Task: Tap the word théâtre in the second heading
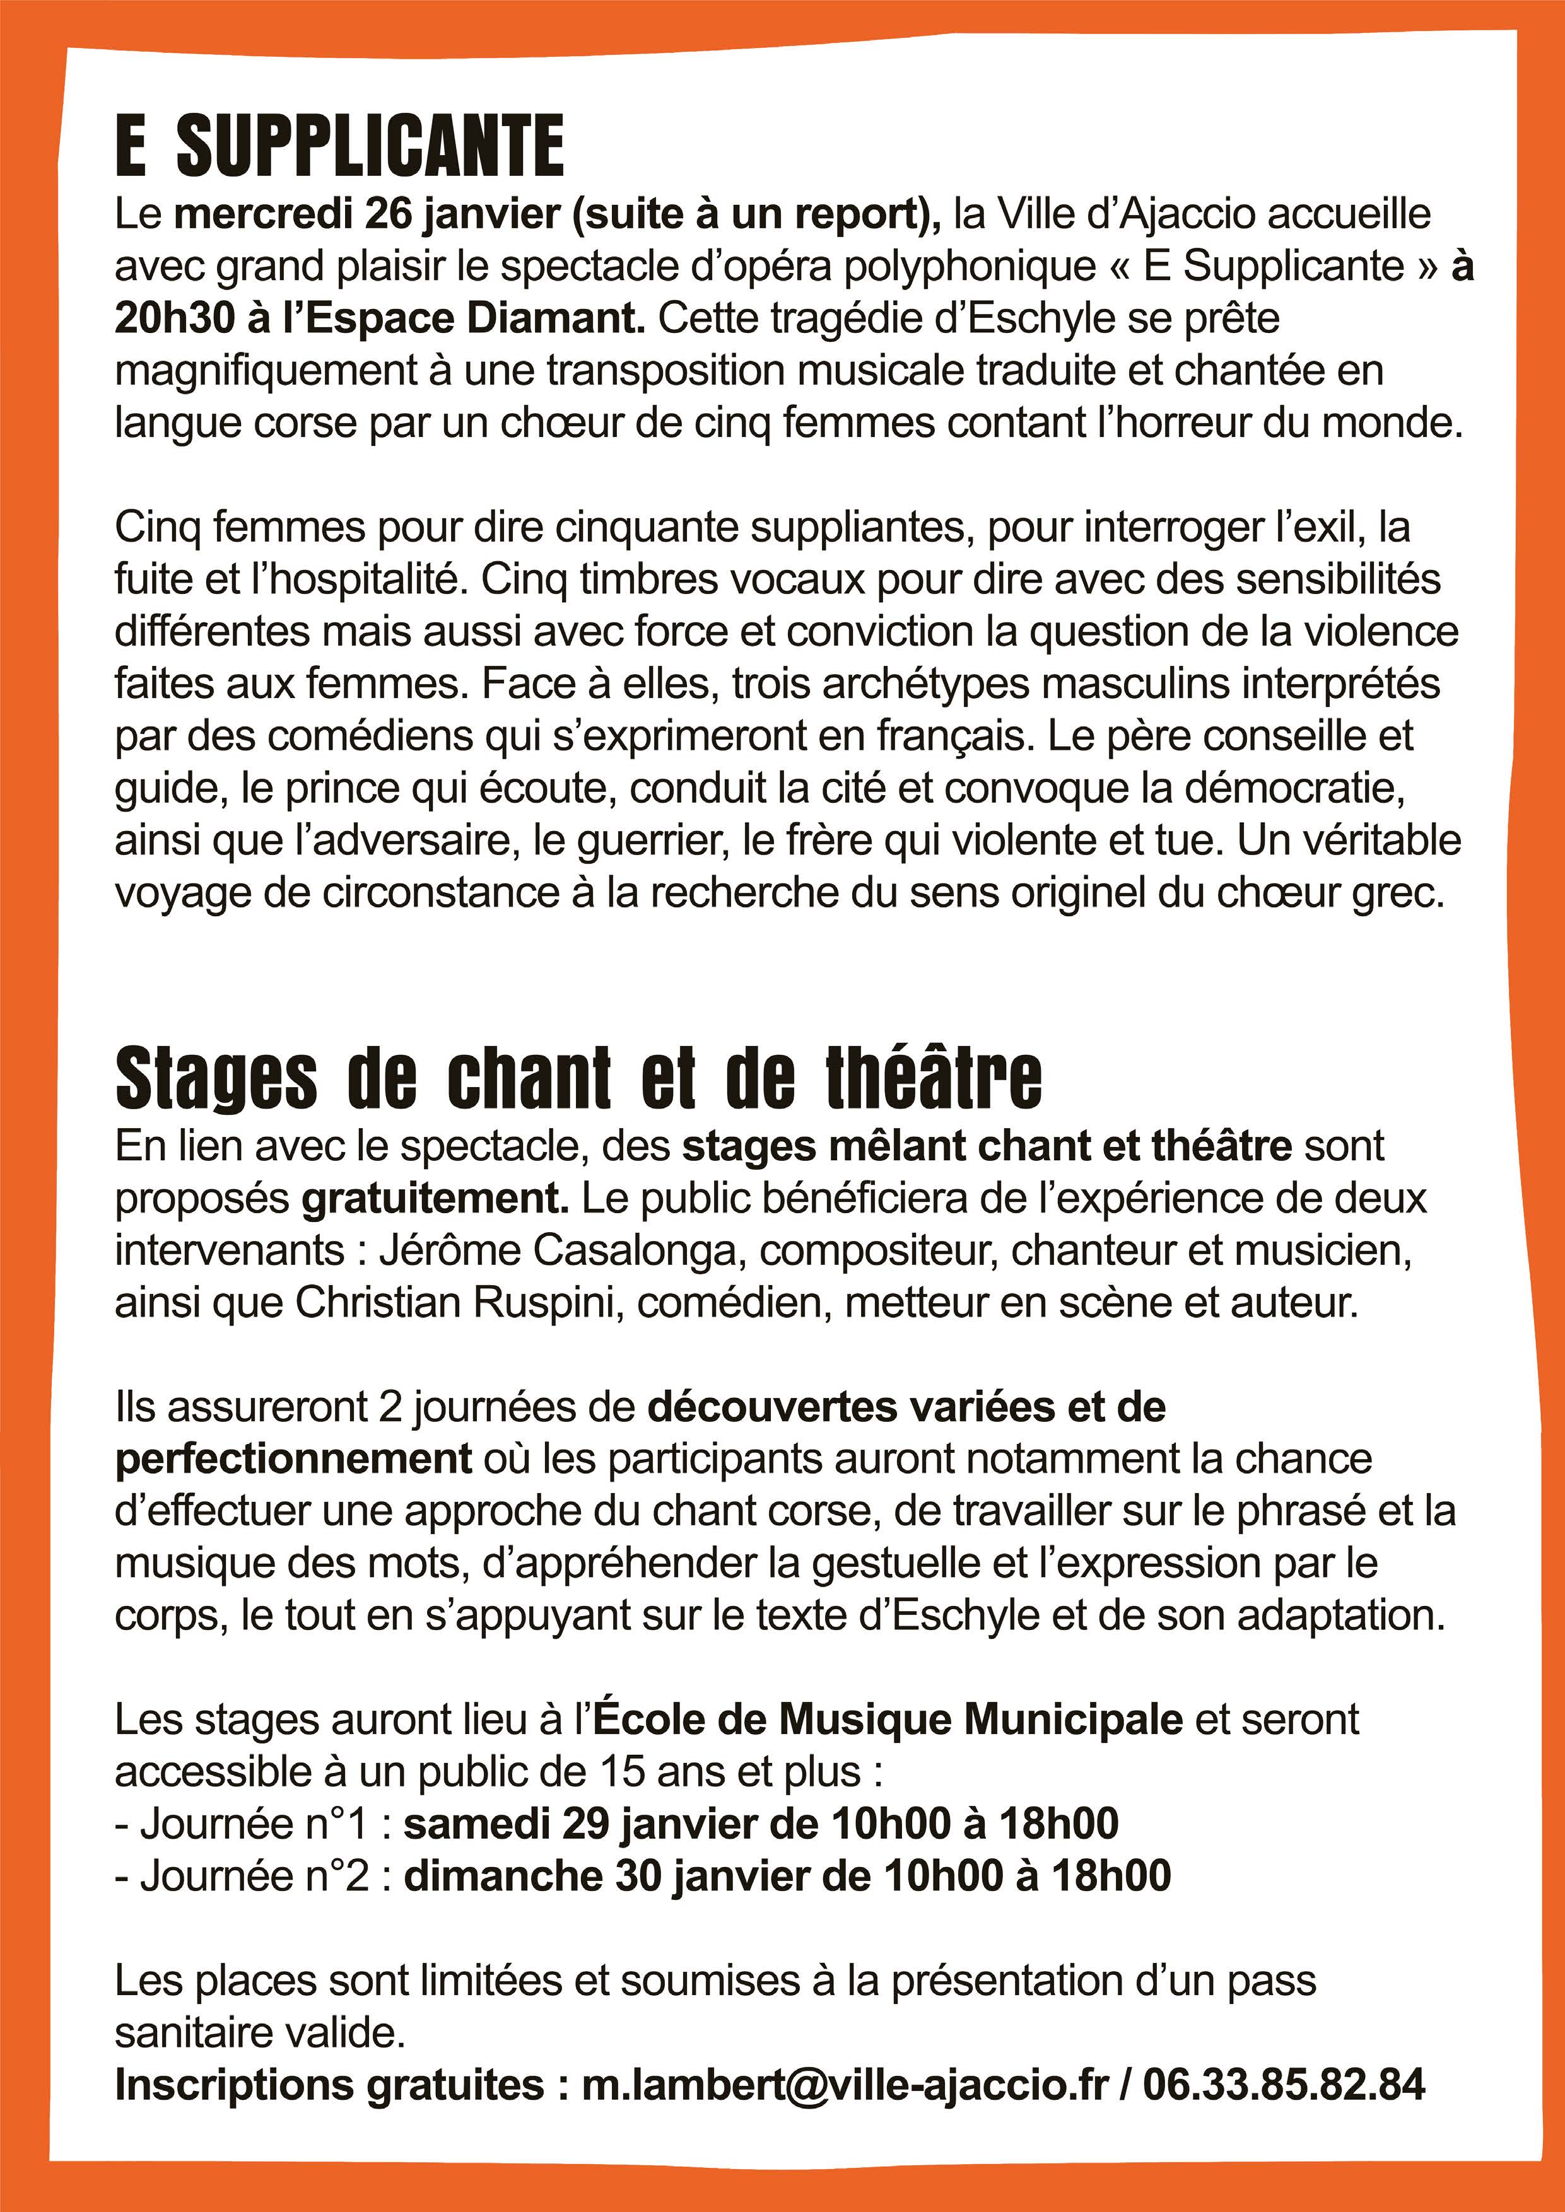(x=933, y=1078)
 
